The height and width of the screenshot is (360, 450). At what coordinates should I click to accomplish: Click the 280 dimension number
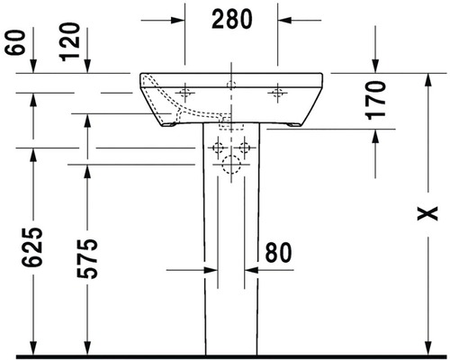pos(232,19)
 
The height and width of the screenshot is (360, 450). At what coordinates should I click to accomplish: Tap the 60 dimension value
pos(14,42)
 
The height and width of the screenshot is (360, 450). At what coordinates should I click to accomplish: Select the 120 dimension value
pos(69,42)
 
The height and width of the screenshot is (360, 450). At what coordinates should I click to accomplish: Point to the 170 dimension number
pos(375,100)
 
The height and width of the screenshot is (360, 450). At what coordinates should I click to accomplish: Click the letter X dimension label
pos(427,213)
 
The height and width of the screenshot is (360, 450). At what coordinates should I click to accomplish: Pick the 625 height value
pos(31,247)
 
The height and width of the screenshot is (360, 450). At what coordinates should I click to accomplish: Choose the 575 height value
pos(87,258)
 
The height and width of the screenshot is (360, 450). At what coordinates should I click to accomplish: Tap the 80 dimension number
pos(278,252)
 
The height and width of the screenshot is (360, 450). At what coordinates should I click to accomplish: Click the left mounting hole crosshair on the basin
pos(184,93)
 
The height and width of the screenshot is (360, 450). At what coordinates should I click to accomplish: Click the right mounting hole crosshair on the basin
pos(277,93)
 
